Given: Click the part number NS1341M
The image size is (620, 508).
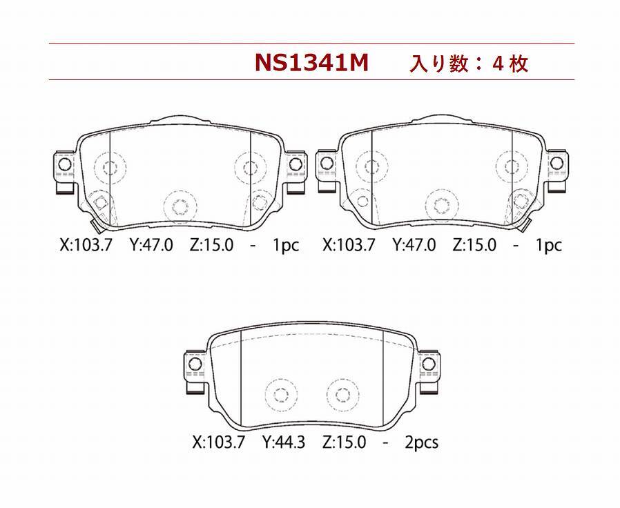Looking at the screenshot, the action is pyautogui.click(x=311, y=62).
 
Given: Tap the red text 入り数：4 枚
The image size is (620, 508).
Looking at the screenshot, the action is pyautogui.click(x=469, y=63).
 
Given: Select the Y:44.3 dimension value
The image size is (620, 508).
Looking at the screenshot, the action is pyautogui.click(x=284, y=442).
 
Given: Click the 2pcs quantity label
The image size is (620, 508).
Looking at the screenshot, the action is pyautogui.click(x=422, y=442).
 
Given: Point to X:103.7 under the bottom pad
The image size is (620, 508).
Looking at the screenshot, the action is pyautogui.click(x=219, y=442).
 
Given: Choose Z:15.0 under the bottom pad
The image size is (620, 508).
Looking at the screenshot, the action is pyautogui.click(x=344, y=442).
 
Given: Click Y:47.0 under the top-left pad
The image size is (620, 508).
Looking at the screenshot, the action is pyautogui.click(x=151, y=245).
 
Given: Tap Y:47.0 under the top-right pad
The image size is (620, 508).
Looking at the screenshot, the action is pyautogui.click(x=414, y=245).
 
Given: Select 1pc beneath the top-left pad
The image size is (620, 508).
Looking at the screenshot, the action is pyautogui.click(x=285, y=246).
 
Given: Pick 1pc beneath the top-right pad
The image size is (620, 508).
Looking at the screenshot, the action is pyautogui.click(x=548, y=246).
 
